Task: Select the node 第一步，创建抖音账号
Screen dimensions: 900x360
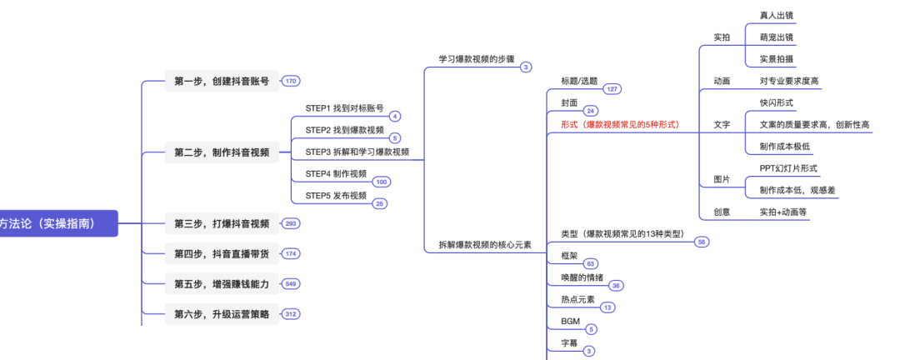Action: click(x=221, y=81)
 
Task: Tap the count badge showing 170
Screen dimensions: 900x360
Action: click(x=290, y=81)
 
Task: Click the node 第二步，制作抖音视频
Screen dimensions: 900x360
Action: click(x=221, y=152)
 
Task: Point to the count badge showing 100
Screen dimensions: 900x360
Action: click(x=381, y=182)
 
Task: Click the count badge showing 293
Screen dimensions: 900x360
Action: click(x=291, y=223)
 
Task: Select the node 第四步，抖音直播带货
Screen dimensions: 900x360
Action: click(x=221, y=252)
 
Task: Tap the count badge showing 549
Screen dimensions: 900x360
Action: click(x=291, y=283)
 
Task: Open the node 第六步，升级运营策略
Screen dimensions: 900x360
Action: click(x=221, y=314)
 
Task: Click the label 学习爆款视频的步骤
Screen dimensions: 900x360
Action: click(x=477, y=59)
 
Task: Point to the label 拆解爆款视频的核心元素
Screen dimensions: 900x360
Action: click(x=485, y=245)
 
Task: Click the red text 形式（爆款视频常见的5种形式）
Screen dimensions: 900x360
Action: click(x=620, y=124)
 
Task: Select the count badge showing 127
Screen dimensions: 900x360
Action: click(x=612, y=88)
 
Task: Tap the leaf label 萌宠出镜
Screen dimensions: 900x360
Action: click(x=777, y=37)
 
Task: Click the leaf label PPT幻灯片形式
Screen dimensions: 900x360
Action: click(x=788, y=168)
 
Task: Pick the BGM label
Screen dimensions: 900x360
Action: click(x=570, y=320)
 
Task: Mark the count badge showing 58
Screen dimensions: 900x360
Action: click(x=702, y=242)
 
